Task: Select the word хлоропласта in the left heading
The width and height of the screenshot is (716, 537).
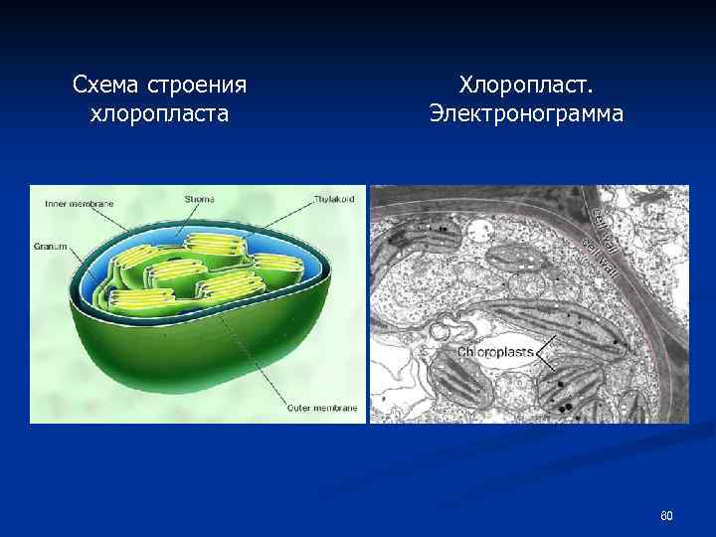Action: (x=159, y=114)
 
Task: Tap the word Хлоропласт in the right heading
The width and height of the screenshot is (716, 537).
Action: (x=525, y=86)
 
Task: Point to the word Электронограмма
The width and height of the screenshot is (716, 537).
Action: (x=526, y=114)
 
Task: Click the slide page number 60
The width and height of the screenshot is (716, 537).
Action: (x=666, y=515)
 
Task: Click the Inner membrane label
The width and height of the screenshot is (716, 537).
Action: (x=80, y=204)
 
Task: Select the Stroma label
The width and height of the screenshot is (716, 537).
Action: (x=198, y=199)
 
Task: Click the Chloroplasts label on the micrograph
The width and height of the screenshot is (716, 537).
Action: (x=494, y=352)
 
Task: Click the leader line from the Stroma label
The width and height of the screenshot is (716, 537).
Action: (x=189, y=221)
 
